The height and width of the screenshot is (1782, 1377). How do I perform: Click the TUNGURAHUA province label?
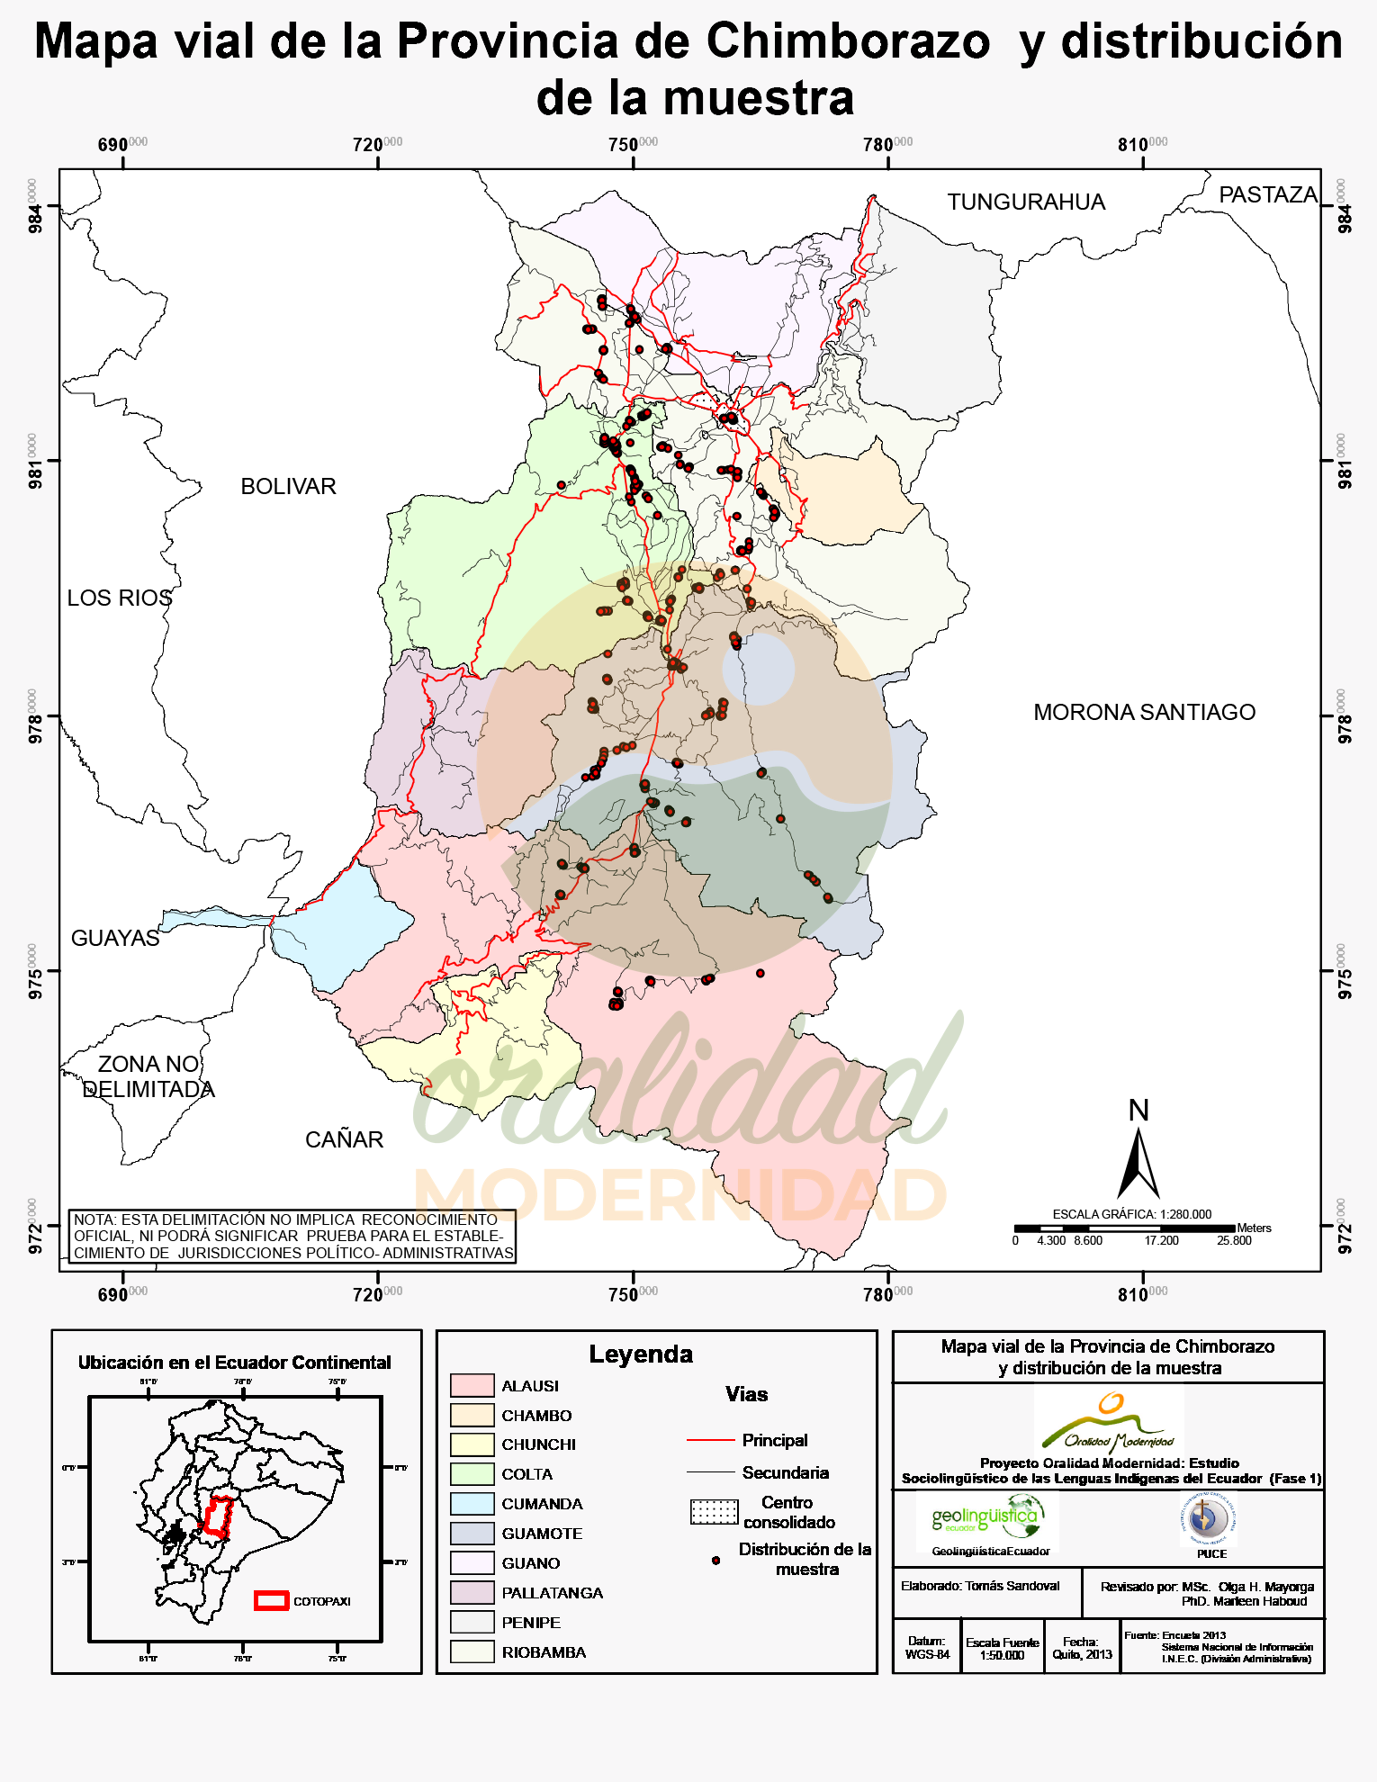1025,202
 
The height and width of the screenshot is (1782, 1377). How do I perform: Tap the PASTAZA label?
1267,194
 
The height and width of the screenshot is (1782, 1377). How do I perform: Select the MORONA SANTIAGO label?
1144,712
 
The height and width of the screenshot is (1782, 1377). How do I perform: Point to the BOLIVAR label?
288,486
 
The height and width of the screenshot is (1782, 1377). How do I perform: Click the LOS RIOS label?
119,598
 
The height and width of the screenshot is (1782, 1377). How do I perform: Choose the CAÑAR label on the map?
344,1139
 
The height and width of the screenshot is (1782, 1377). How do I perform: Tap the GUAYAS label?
114,938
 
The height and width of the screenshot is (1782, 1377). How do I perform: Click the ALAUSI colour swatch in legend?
472,1385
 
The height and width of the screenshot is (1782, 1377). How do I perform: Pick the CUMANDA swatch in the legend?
472,1504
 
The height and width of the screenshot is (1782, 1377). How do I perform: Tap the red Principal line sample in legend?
710,1440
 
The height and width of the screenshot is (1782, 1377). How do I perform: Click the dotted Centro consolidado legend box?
714,1512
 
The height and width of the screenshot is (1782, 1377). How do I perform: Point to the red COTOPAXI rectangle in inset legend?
271,1600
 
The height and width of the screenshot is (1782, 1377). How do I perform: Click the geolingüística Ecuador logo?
987,1520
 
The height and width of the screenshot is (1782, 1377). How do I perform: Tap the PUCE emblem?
1208,1519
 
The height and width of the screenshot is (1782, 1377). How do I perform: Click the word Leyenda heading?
641,1354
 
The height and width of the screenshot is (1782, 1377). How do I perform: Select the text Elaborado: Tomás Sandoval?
980,1586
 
